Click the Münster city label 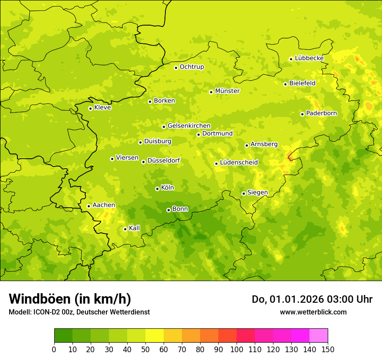tap(227, 91)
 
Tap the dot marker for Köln tap(157, 189)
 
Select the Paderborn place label tap(321, 113)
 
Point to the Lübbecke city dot tap(291, 59)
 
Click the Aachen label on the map tap(104, 205)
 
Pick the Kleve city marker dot tap(90, 108)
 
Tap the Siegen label tap(257, 193)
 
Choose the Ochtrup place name tap(191, 67)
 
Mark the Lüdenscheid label tap(239, 163)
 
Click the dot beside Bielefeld tap(285, 84)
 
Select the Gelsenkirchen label tap(189, 126)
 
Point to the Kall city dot tap(125, 229)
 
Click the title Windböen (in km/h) tap(70, 299)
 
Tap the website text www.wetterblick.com tap(313, 312)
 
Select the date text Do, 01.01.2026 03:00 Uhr tap(312, 299)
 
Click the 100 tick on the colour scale tap(237, 349)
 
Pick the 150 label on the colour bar tap(328, 349)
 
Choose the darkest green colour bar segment tap(63, 336)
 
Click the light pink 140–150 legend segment tap(319, 336)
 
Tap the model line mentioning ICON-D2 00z tap(79, 312)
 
